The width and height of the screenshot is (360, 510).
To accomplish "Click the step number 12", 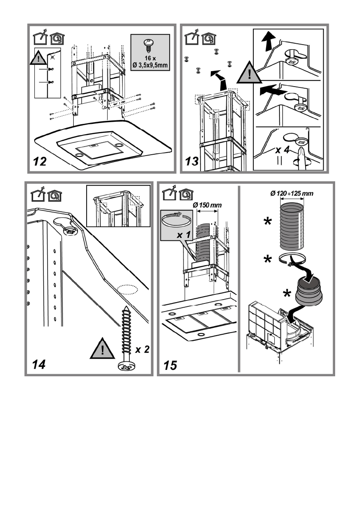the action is click(40, 161).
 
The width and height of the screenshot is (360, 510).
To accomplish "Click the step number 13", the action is click(192, 161).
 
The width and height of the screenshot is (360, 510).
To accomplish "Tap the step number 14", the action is click(39, 365).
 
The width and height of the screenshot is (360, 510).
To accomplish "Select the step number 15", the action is click(170, 366).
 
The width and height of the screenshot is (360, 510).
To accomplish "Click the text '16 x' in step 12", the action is click(150, 58).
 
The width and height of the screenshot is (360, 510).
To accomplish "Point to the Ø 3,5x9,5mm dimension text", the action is click(150, 65).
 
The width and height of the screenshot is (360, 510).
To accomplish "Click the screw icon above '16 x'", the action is click(149, 46).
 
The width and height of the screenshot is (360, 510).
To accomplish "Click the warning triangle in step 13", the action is click(249, 73).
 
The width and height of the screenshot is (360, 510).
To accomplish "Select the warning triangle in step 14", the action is click(102, 349).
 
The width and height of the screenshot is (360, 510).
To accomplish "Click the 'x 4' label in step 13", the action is click(282, 150).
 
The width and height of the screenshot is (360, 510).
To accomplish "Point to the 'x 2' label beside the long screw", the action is click(142, 349).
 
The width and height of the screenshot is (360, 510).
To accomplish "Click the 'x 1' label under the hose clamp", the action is click(183, 234).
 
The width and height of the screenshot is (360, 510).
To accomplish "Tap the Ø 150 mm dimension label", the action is click(207, 205).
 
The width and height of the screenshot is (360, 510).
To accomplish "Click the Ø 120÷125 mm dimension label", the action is click(292, 194).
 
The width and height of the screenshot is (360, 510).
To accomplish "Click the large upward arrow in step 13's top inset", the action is click(268, 41).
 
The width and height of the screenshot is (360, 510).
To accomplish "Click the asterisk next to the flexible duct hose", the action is click(267, 222).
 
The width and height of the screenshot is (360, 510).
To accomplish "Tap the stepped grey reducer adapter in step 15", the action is click(309, 291).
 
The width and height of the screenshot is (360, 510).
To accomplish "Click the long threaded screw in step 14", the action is click(126, 338).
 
